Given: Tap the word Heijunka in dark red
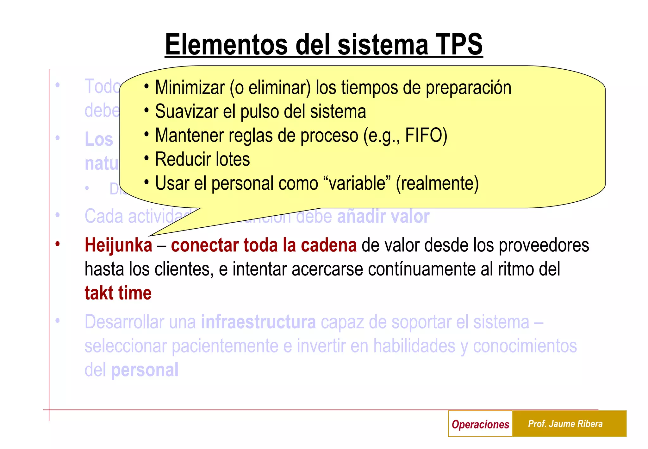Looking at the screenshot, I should tap(118, 245).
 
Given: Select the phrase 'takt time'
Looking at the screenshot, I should tap(118, 293).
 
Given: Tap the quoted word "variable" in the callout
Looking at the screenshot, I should tap(357, 183).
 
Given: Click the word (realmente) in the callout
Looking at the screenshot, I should tap(437, 183).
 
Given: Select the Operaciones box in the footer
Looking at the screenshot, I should tap(480, 424).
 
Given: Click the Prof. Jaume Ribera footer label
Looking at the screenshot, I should tap(565, 424).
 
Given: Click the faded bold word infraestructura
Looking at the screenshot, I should tap(258, 322).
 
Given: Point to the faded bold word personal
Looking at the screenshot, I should tap(145, 370).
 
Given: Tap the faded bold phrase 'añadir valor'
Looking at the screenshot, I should tap(383, 217).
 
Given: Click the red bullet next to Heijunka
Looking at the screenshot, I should tap(58, 244).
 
